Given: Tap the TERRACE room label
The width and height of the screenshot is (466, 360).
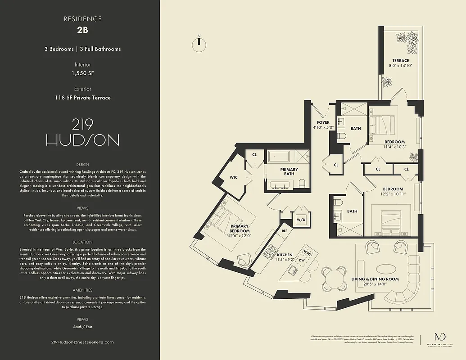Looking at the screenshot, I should click(400, 61).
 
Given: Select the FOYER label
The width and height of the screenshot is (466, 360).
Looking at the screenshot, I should click(323, 122).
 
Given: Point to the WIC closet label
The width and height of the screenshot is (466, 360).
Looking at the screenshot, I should click(233, 178).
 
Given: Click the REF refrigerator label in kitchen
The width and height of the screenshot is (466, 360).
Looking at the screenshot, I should click(284, 231).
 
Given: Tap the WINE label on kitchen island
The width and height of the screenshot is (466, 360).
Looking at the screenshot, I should click(308, 252).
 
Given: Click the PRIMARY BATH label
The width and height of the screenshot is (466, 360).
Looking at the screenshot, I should click(289, 172).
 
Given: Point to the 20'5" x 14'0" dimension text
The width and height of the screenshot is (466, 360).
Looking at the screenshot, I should click(375, 284).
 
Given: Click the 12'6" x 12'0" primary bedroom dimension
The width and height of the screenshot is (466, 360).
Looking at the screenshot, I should click(240, 235).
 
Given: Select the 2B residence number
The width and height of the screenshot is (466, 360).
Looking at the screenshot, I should click(82, 31).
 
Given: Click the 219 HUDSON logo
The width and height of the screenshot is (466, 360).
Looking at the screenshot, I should click(82, 132).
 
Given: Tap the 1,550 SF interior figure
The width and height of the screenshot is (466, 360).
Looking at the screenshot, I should click(82, 73).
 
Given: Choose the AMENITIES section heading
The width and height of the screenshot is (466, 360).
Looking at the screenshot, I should click(82, 290).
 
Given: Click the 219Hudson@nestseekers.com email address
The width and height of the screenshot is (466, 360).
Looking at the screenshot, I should click(82, 342).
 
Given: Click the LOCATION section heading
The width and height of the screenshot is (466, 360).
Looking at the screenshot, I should click(82, 242).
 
